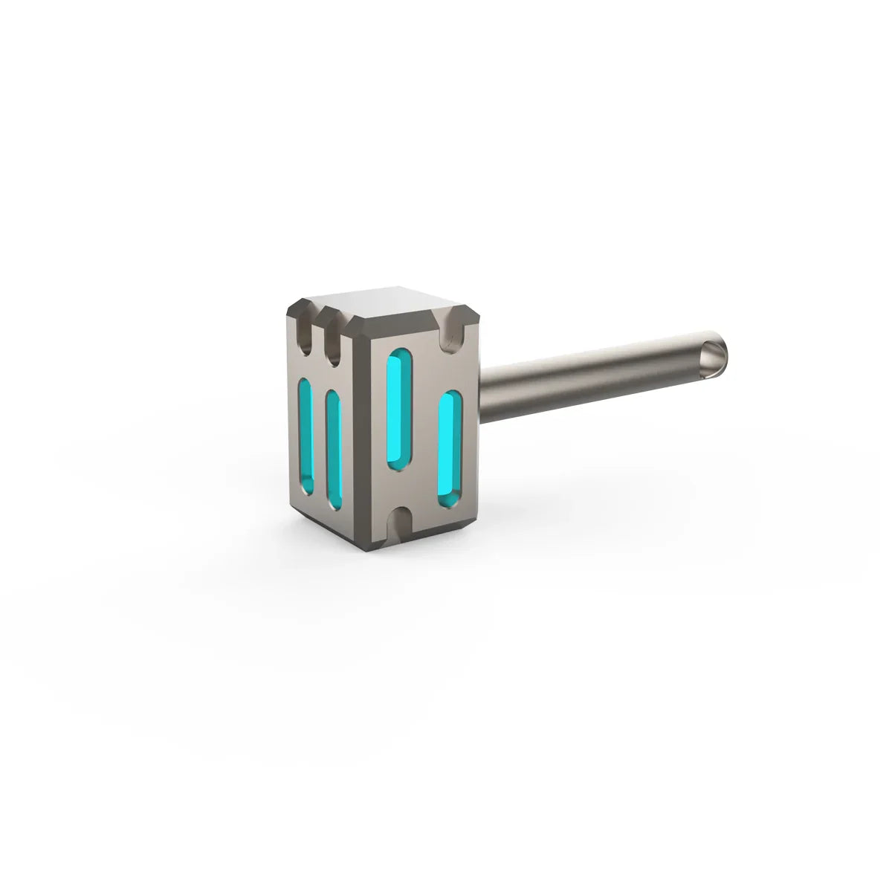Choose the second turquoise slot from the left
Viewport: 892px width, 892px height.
pos(332,449)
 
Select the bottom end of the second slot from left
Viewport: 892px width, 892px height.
pos(334,504)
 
